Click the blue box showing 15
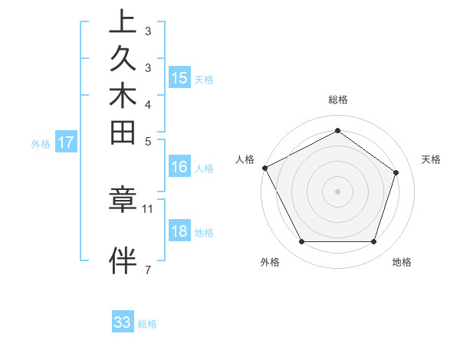click(179, 78)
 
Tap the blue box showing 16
click(179, 167)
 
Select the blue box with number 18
click(179, 232)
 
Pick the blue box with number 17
click(66, 142)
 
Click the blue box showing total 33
click(123, 322)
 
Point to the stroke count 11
click(148, 208)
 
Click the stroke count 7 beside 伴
click(148, 269)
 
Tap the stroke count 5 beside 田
click(148, 142)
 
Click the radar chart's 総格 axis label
click(338, 100)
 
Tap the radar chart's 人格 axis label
click(245, 159)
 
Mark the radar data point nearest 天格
click(396, 172)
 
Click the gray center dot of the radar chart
click(338, 191)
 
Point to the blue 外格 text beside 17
click(41, 143)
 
